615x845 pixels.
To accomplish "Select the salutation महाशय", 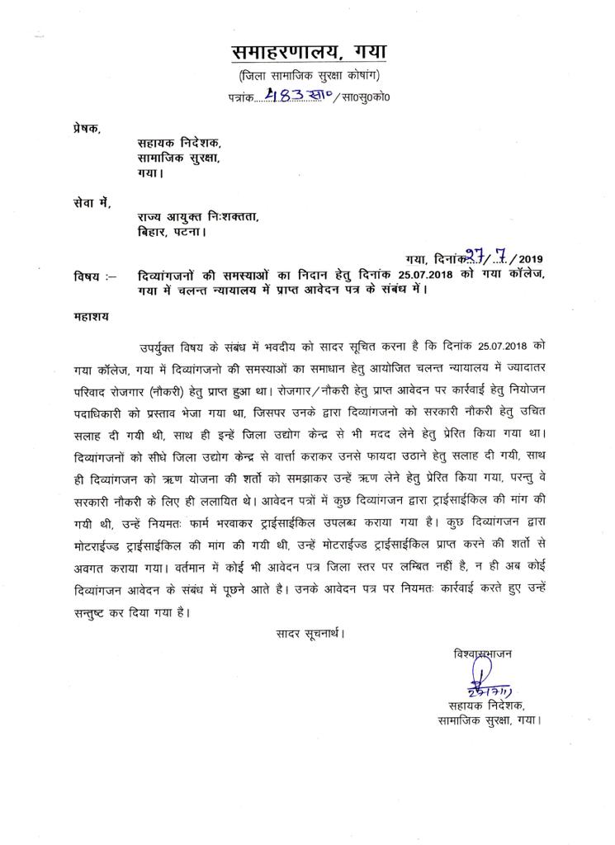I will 92,316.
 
